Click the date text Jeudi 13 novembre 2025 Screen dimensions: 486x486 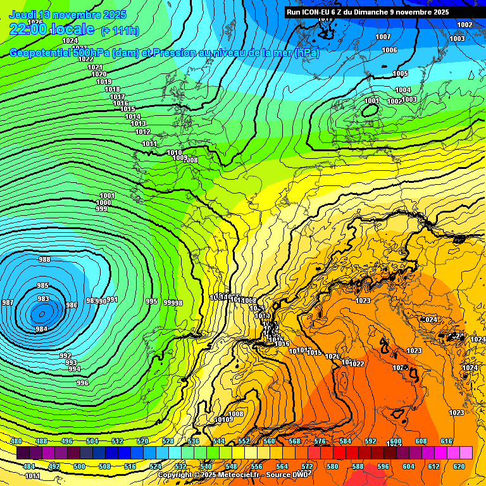[68, 15]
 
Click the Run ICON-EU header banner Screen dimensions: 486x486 [368, 11]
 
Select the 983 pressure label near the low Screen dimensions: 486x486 [43, 299]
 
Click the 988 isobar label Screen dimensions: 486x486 [44, 259]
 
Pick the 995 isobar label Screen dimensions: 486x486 [151, 301]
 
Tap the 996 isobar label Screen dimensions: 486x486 [82, 383]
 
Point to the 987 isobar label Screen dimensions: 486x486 [8, 302]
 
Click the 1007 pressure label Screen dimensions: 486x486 [383, 37]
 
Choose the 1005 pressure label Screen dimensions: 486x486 [400, 74]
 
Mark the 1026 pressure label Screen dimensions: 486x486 [36, 22]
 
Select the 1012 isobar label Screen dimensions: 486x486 [142, 132]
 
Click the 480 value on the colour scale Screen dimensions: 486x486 [16, 441]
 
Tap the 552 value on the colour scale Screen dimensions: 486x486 [244, 441]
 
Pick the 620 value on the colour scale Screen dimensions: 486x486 [459, 466]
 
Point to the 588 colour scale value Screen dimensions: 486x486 [358, 466]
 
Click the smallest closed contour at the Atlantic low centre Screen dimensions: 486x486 [42, 313]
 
